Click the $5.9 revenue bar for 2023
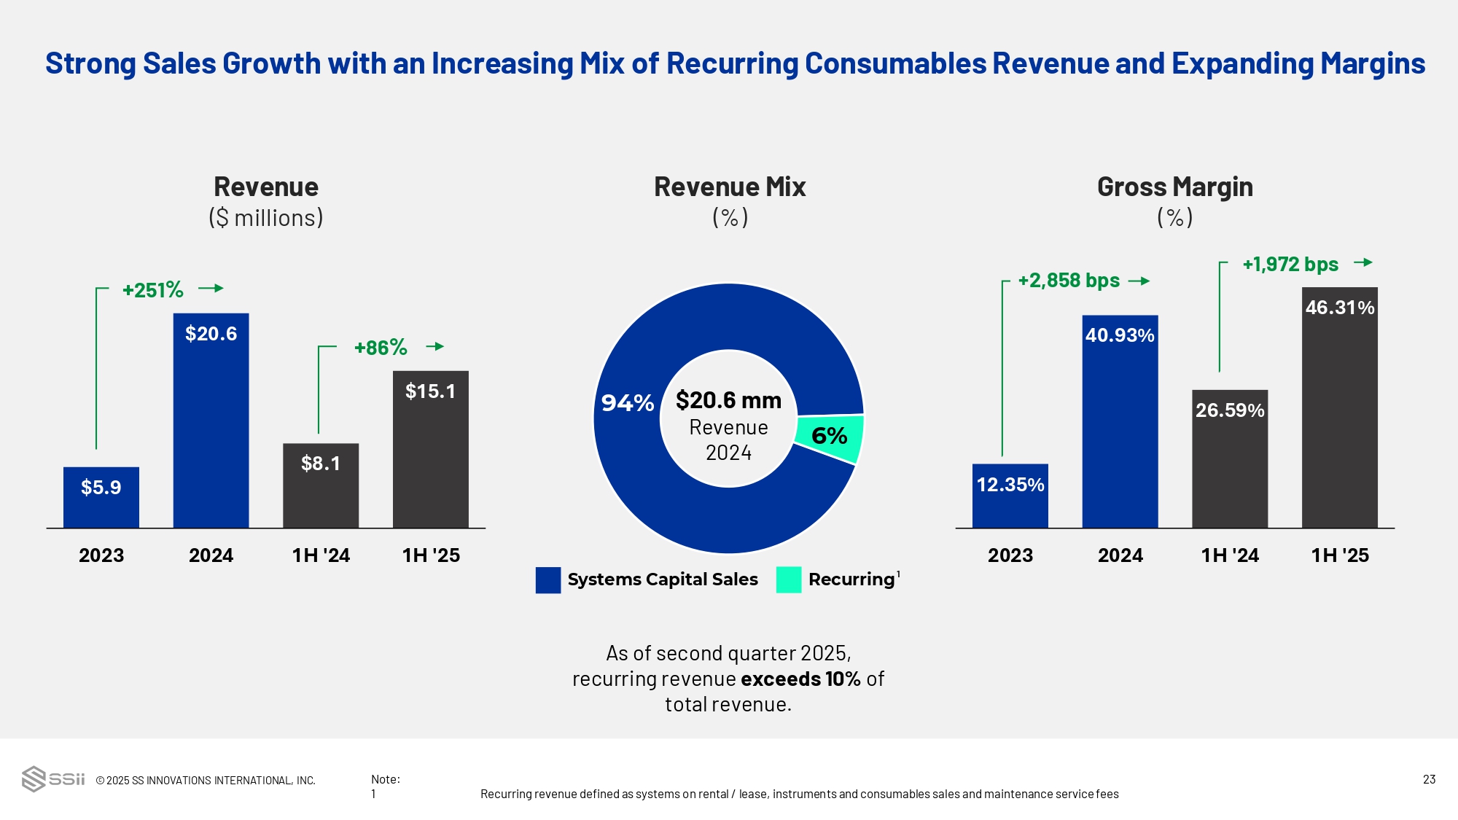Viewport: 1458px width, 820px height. (x=101, y=497)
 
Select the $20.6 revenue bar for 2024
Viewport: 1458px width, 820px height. (x=211, y=421)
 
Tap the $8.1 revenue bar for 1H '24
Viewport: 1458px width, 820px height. (x=321, y=485)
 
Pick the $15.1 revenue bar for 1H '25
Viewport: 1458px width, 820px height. (x=431, y=449)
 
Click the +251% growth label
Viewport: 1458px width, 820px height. (x=153, y=290)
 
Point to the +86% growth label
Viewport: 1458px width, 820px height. (x=381, y=348)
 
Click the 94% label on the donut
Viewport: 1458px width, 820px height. (x=627, y=403)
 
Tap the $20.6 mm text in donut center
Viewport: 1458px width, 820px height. (x=728, y=400)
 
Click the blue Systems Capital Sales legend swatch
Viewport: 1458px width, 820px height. (x=548, y=580)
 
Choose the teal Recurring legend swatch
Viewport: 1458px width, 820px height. (x=789, y=580)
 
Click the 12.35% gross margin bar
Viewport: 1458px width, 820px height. (x=1010, y=496)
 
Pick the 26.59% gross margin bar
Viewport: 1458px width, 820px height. (x=1230, y=458)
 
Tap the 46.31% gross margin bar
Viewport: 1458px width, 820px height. (x=1340, y=407)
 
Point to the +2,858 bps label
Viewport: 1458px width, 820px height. (x=1069, y=281)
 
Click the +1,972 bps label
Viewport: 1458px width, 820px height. (x=1290, y=265)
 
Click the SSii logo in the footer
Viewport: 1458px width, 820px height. (x=53, y=779)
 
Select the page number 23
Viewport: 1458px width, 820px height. (x=1429, y=779)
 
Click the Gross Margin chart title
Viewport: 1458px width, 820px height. (x=1174, y=187)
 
